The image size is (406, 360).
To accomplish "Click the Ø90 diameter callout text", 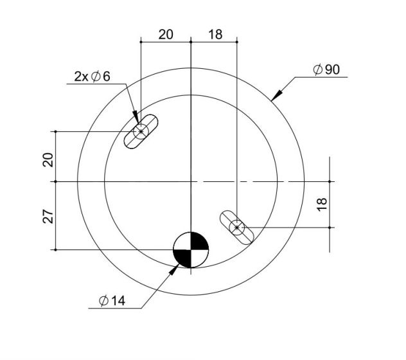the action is point(326,69).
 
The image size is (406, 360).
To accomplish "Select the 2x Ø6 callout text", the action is point(92,76).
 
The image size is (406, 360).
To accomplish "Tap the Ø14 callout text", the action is point(112,301).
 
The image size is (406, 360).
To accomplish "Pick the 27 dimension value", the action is point(48,216).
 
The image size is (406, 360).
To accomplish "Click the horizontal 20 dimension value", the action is point(166,35).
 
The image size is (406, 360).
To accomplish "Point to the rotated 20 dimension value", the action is point(48,159).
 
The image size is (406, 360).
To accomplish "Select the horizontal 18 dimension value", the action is point(215,35).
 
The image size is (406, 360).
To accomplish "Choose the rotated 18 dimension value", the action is point(322,204).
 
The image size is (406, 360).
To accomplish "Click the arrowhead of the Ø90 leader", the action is point(276,95).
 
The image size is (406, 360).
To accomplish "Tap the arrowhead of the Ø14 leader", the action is point(174,269).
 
